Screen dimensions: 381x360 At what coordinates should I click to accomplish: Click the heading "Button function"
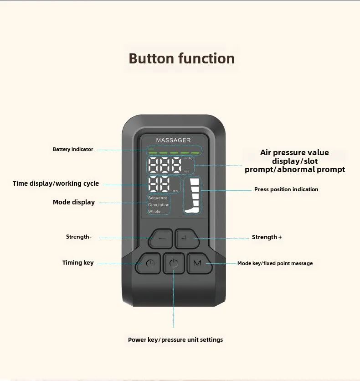click(x=181, y=58)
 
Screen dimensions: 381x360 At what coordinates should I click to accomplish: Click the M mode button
click(x=197, y=263)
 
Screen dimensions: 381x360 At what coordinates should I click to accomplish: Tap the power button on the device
click(x=173, y=263)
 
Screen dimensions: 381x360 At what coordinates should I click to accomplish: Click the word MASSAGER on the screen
click(x=173, y=140)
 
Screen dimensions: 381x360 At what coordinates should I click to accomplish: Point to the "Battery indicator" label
click(x=73, y=149)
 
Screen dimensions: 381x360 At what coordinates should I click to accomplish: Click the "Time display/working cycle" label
click(x=56, y=183)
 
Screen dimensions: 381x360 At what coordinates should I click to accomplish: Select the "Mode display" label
click(x=74, y=202)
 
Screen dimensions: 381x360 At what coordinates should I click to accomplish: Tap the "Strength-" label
click(x=79, y=237)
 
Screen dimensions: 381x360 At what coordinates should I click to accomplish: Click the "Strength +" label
click(x=267, y=237)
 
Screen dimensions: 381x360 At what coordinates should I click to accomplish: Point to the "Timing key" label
click(x=78, y=262)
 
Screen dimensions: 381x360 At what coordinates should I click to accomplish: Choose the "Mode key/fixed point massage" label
click(x=275, y=263)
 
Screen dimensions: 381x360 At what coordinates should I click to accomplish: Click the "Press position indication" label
click(x=286, y=189)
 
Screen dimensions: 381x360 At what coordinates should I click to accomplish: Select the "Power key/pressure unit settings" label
click(x=175, y=339)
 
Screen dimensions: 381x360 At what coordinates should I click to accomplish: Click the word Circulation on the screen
click(x=158, y=205)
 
